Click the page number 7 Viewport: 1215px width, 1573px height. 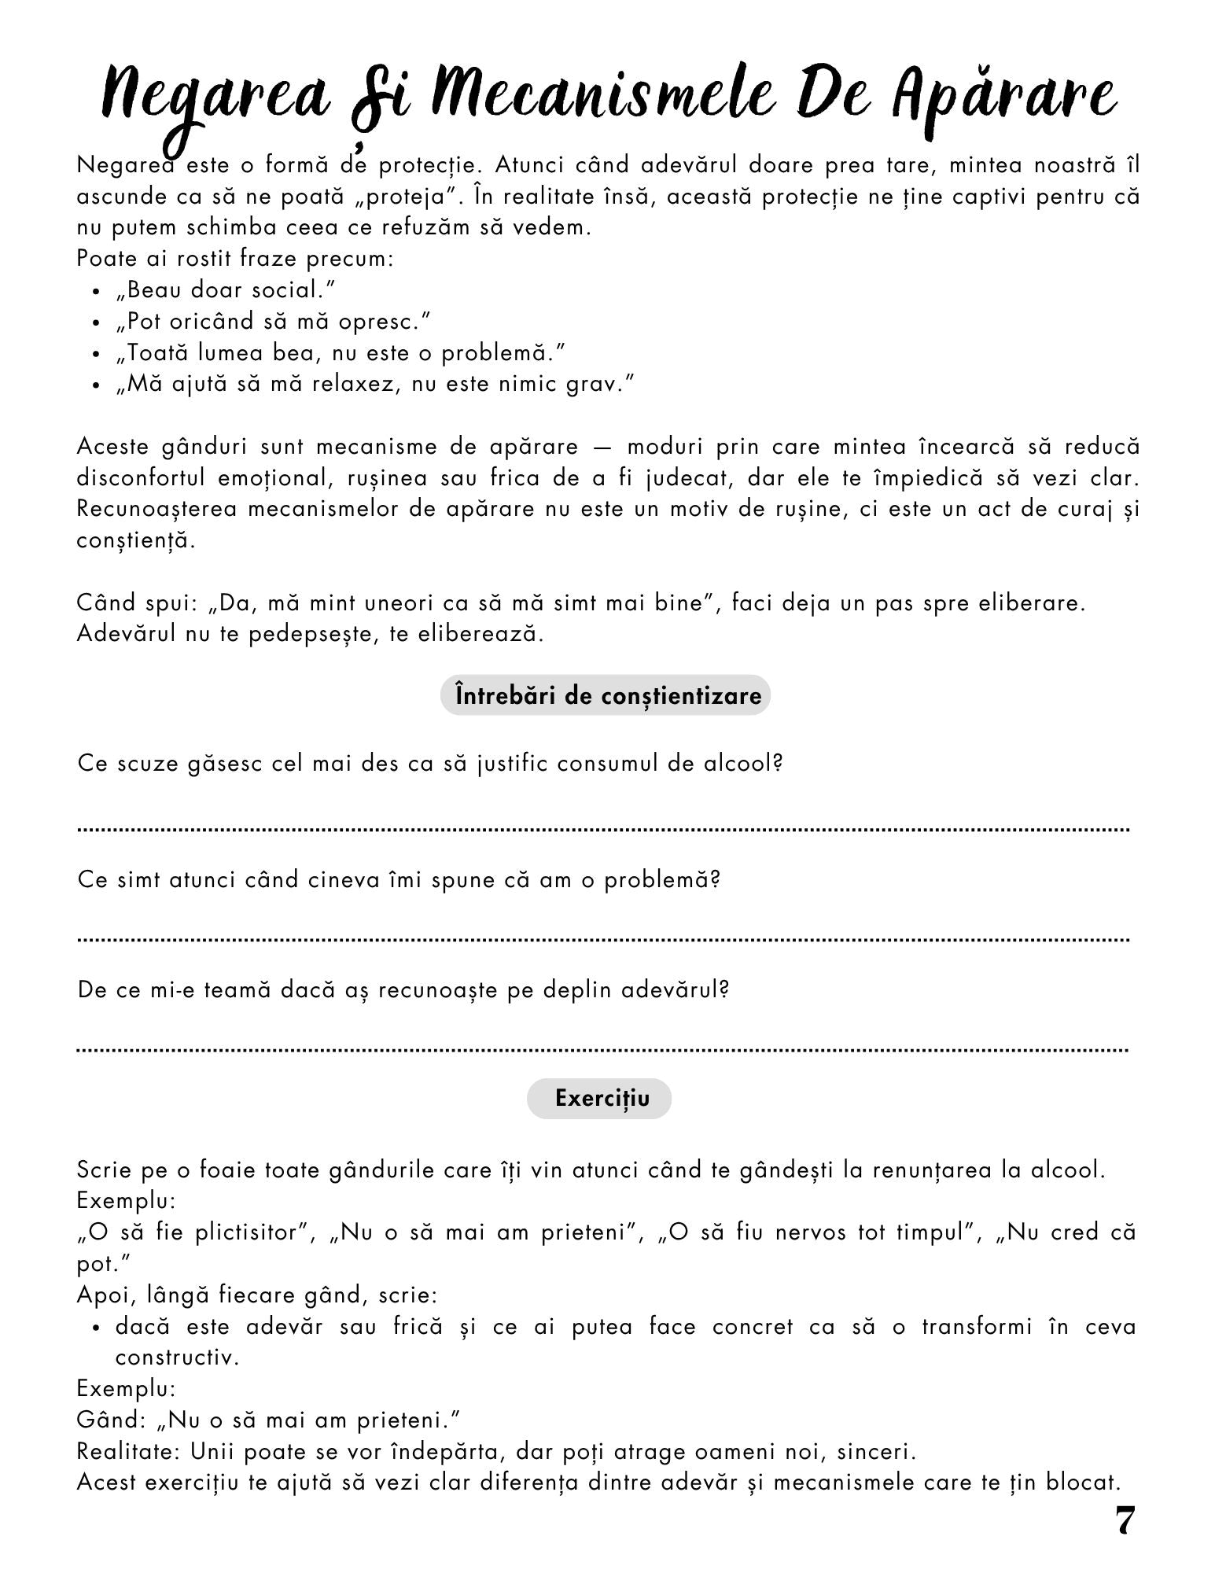(x=1125, y=1522)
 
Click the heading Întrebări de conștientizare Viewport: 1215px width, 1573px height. (x=605, y=695)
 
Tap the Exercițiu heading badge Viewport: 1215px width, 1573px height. (x=599, y=1098)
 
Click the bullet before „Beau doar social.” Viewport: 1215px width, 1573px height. (x=97, y=293)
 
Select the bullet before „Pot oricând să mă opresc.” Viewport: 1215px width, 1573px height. (x=97, y=323)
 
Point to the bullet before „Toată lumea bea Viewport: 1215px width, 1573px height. (x=97, y=355)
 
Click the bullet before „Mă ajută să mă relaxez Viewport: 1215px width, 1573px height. (x=97, y=386)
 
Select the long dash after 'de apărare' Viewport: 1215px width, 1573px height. (x=602, y=447)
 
